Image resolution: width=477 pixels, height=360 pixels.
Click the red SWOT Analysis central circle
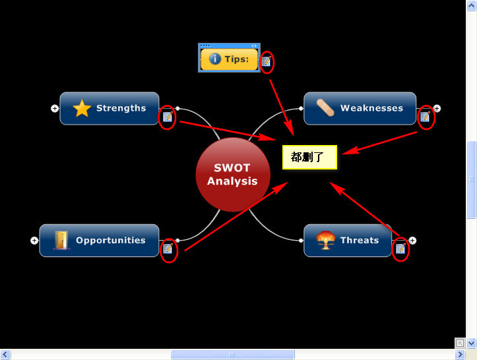coord(232,175)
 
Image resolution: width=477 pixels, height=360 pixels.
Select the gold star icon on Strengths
coord(81,108)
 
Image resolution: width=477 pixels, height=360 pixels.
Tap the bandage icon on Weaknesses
coord(325,108)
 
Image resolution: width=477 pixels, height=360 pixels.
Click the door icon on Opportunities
coord(61,240)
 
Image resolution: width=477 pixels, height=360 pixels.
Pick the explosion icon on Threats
coord(325,240)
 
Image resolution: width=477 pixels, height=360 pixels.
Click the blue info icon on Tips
coord(215,59)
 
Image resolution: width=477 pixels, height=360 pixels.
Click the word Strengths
coord(121,108)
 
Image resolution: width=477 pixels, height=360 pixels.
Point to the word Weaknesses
coord(371,108)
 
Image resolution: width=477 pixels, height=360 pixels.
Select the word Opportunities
coord(110,240)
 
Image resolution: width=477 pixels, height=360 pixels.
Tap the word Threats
coord(360,240)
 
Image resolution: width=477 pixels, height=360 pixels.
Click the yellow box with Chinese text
coord(309,158)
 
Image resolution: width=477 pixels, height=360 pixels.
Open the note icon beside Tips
coord(266,61)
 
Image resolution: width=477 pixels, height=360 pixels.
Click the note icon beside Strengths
coord(168,117)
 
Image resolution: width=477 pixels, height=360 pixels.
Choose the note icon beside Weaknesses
coord(425,117)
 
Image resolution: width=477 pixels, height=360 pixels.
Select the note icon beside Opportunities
coord(168,249)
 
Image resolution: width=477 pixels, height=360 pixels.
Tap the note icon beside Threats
coord(400,249)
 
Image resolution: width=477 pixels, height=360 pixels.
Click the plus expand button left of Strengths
coord(55,108)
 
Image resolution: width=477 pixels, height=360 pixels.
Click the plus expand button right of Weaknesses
coord(437,108)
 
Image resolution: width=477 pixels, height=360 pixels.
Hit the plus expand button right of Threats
coord(412,240)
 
